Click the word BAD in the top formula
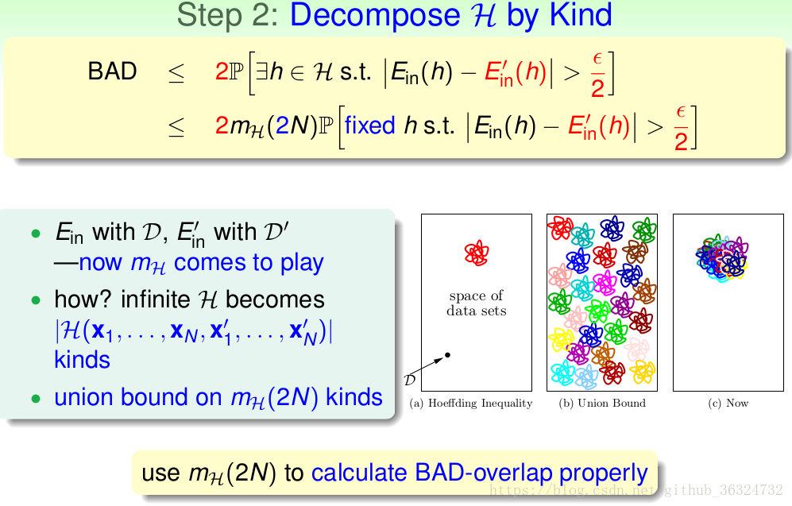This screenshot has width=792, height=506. (112, 71)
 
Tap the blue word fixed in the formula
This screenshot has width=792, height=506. (369, 126)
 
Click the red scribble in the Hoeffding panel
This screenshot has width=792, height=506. (476, 253)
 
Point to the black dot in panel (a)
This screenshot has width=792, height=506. (448, 354)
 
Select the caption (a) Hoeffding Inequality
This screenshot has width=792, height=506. (471, 403)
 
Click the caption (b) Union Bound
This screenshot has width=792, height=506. (602, 403)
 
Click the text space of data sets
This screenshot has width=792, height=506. (476, 303)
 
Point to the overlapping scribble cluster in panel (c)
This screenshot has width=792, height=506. (721, 257)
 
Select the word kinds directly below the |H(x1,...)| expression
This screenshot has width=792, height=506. (82, 359)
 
